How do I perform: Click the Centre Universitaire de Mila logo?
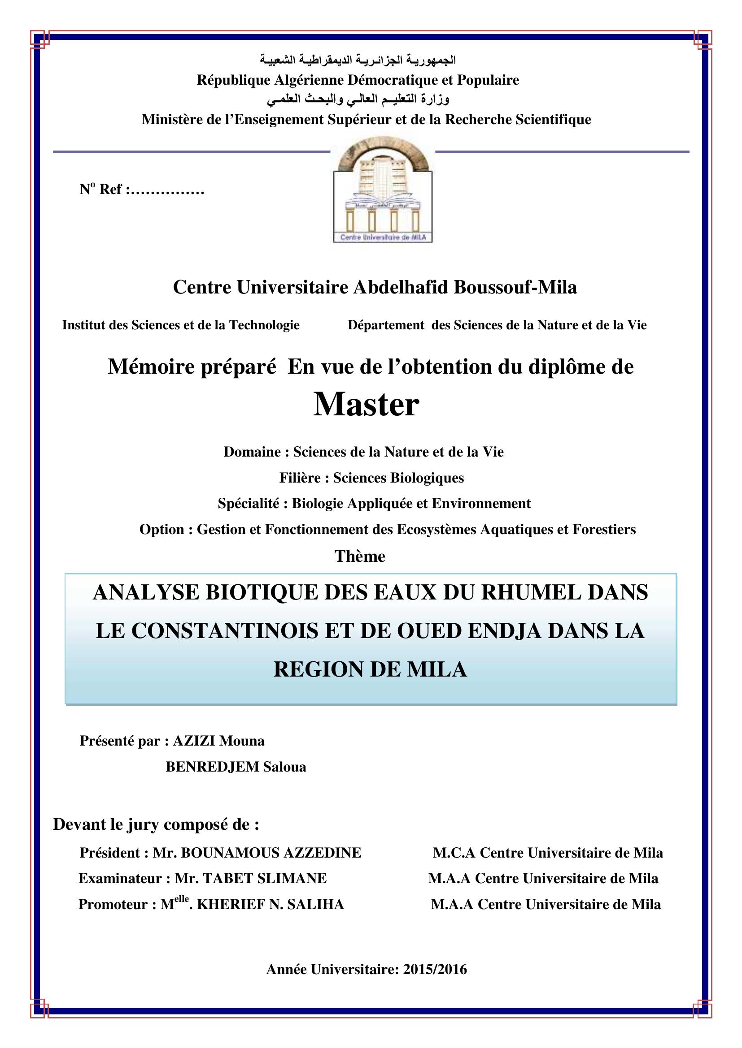pos(382,190)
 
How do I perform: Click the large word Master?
pos(366,405)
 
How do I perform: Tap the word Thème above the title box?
pos(360,556)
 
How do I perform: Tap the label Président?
pos(110,853)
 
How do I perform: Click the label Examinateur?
pos(120,879)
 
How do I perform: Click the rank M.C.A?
pos(454,853)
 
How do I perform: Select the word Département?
pos(386,325)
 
